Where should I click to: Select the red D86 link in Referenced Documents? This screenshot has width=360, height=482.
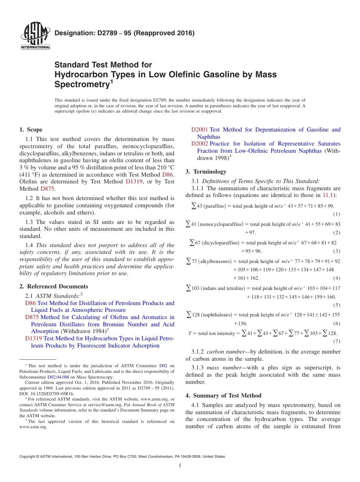click(30, 303)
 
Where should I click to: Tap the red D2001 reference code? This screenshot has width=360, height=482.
click(199, 130)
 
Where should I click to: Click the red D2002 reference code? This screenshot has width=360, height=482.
click(199, 144)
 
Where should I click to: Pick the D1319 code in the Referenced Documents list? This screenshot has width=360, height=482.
click(33, 338)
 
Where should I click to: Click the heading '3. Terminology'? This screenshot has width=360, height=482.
click(206, 172)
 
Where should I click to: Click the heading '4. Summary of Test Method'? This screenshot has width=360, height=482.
click(223, 396)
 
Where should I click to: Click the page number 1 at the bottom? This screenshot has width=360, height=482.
click(180, 466)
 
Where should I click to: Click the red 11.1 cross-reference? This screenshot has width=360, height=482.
click(327, 196)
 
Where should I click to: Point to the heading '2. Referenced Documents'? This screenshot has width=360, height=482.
click(54, 286)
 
